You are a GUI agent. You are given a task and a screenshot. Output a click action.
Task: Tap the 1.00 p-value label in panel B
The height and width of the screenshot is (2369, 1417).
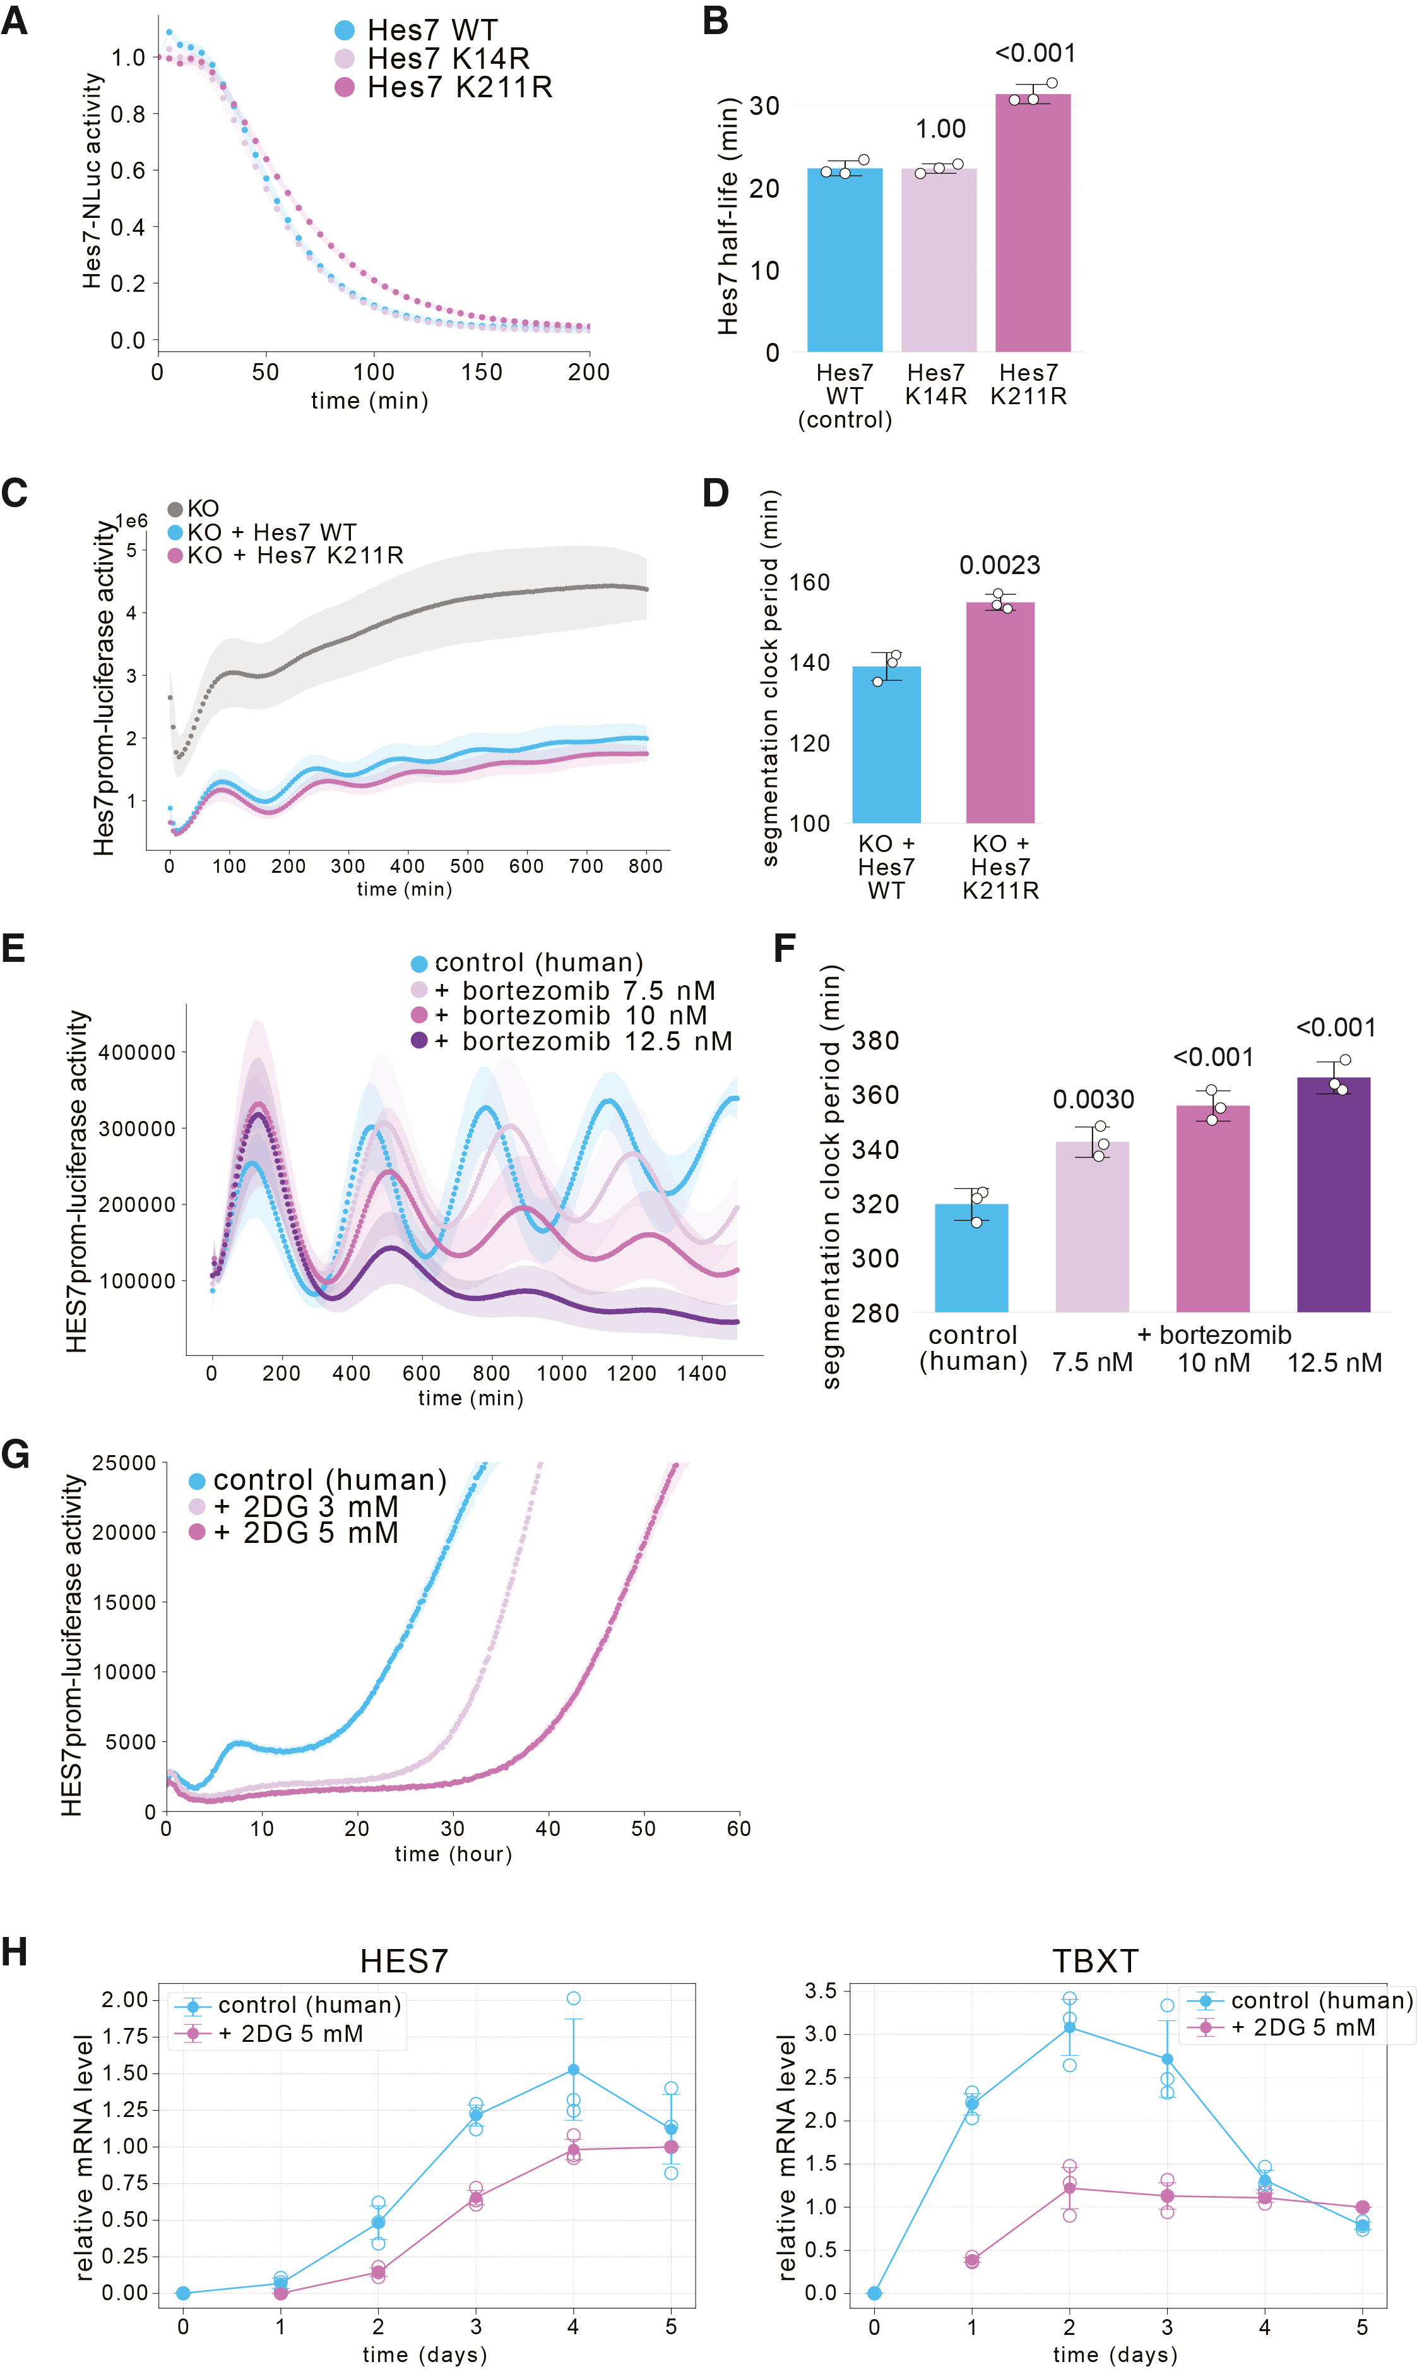940,129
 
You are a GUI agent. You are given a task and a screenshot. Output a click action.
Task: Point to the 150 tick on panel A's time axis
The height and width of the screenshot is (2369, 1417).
481,371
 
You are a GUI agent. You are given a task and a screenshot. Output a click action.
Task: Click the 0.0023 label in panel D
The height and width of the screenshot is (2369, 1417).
1000,565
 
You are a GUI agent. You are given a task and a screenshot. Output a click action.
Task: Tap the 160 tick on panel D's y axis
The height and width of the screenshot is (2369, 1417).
810,582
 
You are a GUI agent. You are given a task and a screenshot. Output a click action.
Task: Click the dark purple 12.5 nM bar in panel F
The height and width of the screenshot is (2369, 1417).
1333,1194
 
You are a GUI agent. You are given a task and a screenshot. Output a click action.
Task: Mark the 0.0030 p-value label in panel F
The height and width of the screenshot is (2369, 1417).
1093,1100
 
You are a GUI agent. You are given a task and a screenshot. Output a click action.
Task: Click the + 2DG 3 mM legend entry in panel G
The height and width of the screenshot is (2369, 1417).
293,1506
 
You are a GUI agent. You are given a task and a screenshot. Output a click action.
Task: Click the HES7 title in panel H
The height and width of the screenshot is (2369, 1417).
404,1961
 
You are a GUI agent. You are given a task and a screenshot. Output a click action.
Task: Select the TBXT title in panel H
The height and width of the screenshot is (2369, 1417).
1095,1961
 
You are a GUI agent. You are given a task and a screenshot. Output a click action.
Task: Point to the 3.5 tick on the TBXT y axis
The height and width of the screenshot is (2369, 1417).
820,1991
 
